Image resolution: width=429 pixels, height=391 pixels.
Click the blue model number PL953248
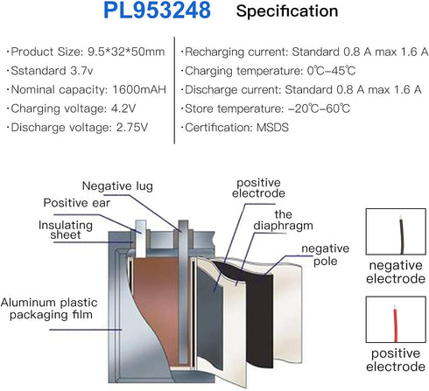coord(157,10)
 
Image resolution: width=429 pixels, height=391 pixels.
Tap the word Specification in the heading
coord(287,11)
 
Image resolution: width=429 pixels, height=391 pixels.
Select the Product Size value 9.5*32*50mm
coord(126,52)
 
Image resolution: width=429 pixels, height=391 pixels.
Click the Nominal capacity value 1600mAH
coord(139,89)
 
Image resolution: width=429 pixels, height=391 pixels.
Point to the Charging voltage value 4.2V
coord(123,108)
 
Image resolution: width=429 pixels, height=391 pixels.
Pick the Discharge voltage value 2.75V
coord(132,128)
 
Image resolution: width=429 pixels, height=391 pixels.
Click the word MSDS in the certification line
coord(272,128)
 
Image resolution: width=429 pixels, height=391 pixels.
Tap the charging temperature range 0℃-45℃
coord(331,71)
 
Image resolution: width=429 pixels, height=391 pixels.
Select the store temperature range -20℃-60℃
coord(319,108)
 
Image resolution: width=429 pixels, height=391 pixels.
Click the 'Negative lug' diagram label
coord(117,186)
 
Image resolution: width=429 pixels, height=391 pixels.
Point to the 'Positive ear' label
coord(77,203)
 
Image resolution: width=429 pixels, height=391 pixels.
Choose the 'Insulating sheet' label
coord(66,230)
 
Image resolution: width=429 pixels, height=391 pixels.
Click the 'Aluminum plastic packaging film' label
coord(49,309)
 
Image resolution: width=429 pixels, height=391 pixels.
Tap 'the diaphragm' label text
coord(283,220)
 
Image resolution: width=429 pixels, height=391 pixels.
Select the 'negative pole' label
coord(326,255)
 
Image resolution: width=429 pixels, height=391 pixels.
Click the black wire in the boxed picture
coord(402,235)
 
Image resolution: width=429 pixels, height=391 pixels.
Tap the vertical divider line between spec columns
coord(174,90)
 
